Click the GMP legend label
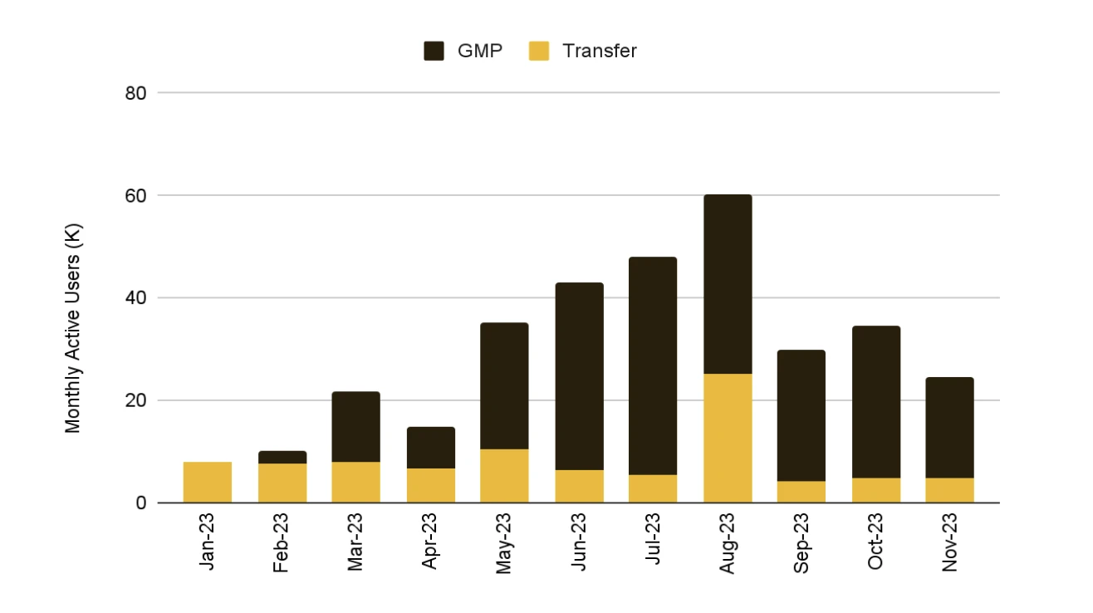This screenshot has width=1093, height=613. click(x=480, y=51)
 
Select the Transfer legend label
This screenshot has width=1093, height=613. click(x=599, y=51)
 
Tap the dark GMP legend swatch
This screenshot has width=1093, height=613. click(x=434, y=51)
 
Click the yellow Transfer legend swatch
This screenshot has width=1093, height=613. click(x=538, y=51)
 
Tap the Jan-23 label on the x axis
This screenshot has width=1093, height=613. click(x=207, y=541)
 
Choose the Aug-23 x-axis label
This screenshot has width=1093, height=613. click(x=727, y=541)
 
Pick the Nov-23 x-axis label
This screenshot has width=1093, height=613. click(x=950, y=541)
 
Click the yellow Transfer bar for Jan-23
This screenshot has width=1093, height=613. click(x=208, y=483)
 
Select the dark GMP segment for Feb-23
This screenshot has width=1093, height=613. click(x=282, y=458)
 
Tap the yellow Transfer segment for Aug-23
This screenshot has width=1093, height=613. click(x=728, y=439)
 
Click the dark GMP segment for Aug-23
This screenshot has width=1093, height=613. click(x=728, y=285)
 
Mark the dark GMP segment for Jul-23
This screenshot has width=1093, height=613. click(x=653, y=366)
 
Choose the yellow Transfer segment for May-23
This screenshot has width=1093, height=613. click(x=504, y=476)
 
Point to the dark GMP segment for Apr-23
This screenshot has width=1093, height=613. click(x=430, y=448)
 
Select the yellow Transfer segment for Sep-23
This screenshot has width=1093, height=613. click(x=801, y=492)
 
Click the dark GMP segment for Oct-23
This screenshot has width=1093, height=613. click(x=876, y=402)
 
